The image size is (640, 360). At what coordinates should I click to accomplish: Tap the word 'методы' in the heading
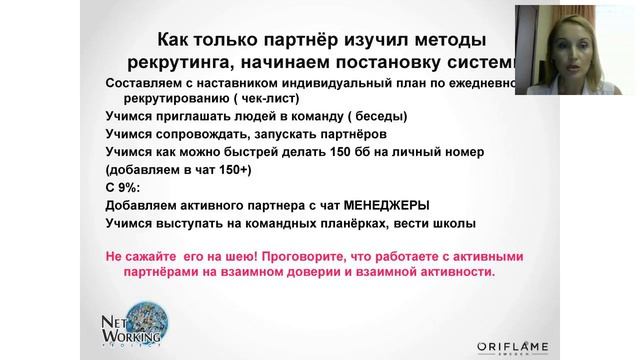443,40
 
